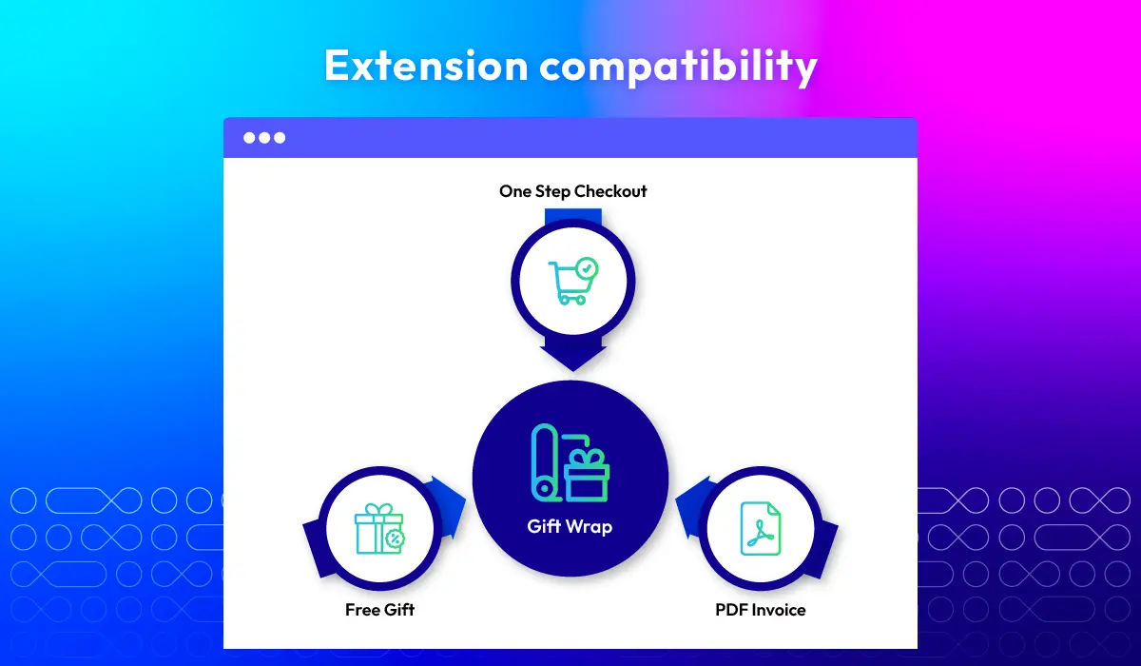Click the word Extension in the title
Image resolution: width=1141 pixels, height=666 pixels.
(x=426, y=66)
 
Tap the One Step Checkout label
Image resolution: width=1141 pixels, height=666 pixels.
(x=573, y=191)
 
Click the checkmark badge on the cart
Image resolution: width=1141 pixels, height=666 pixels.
(x=588, y=268)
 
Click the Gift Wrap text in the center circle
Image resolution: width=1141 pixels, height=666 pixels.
(x=570, y=527)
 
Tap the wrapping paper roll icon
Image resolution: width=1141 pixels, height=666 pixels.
(x=546, y=462)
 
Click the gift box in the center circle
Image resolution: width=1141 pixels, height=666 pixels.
(x=587, y=476)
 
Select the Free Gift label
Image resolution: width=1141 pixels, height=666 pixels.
(x=379, y=610)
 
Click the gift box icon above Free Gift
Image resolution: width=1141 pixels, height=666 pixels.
(x=379, y=529)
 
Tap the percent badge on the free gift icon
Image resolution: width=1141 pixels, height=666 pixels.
(x=395, y=539)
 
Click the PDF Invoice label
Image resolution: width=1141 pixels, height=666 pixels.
(x=761, y=610)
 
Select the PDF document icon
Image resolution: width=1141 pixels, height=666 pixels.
(x=761, y=529)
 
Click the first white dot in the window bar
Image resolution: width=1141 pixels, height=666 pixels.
(x=249, y=138)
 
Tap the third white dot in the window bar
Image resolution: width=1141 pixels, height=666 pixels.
(x=280, y=138)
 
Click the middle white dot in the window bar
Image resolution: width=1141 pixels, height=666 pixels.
(x=264, y=138)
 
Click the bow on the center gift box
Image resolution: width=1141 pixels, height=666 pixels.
(x=587, y=457)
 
